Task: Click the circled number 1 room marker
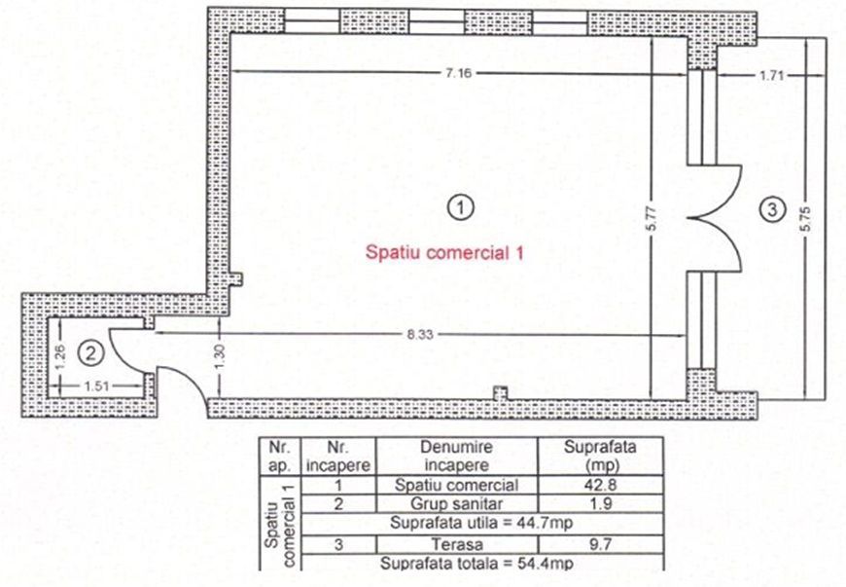(x=460, y=205)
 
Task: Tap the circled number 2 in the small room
(x=89, y=350)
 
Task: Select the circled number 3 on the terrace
(x=771, y=207)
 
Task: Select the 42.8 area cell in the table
(x=599, y=485)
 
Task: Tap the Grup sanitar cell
(x=457, y=504)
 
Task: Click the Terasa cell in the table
(x=457, y=544)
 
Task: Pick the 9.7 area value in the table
(x=599, y=544)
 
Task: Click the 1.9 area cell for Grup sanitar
(x=599, y=504)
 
